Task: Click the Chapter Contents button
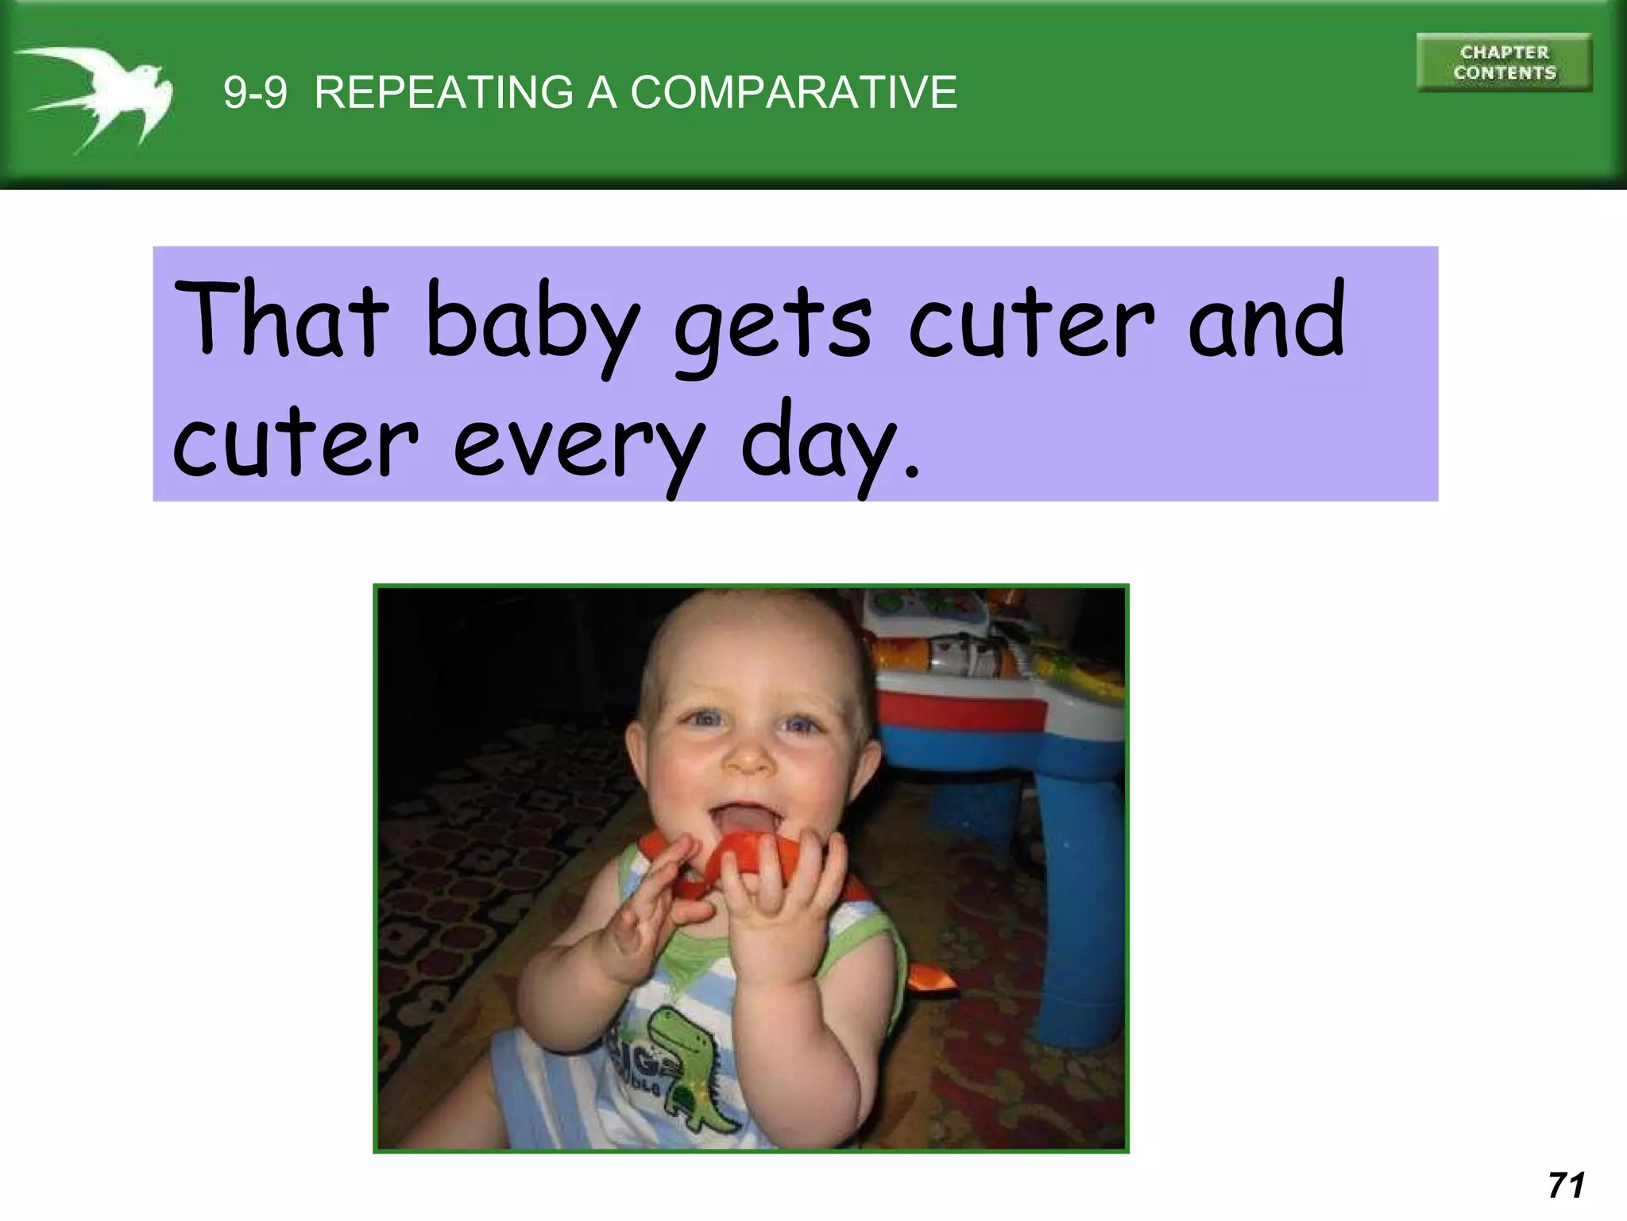click(1504, 63)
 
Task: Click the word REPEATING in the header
click(443, 92)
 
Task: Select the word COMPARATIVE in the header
click(794, 92)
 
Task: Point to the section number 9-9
click(255, 92)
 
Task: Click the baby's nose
click(749, 759)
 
